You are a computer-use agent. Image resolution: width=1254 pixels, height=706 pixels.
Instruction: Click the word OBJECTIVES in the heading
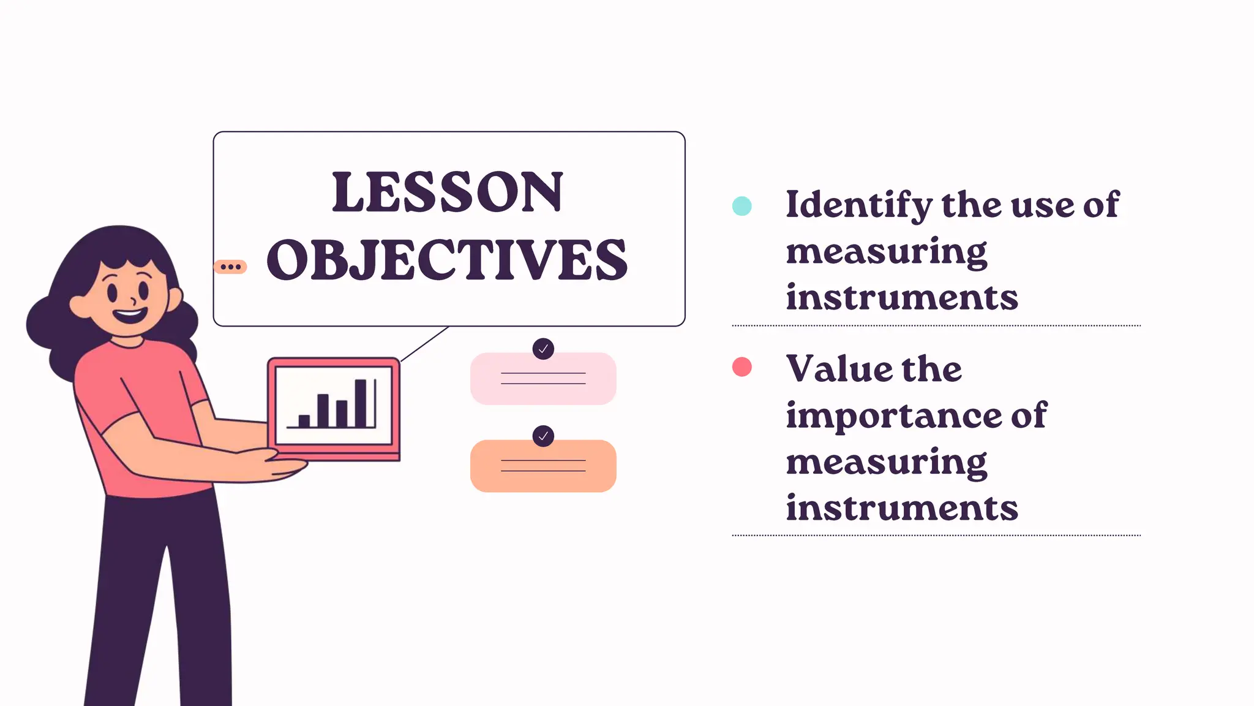tap(447, 260)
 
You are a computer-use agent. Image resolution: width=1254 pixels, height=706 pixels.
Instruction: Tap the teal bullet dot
tap(742, 206)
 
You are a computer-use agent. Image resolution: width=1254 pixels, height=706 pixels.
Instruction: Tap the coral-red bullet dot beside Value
tap(742, 366)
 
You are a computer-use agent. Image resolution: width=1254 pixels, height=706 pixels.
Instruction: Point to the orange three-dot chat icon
tap(230, 267)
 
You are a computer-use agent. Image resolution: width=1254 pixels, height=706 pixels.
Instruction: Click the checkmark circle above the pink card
tap(543, 349)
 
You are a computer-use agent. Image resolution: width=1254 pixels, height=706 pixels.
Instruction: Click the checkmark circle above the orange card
tap(543, 436)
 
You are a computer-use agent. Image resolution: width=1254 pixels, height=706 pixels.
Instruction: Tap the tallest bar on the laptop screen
tap(361, 403)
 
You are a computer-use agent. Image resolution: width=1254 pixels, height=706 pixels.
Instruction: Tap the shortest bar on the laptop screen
tap(304, 421)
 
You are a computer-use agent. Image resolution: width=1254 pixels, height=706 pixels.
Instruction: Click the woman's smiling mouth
tap(130, 316)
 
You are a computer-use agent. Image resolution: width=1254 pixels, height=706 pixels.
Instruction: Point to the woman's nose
tap(133, 301)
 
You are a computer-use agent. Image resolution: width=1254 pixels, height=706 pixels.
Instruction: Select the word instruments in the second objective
tap(901, 509)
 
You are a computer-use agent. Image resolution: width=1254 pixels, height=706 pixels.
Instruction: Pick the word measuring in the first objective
tap(886, 252)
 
